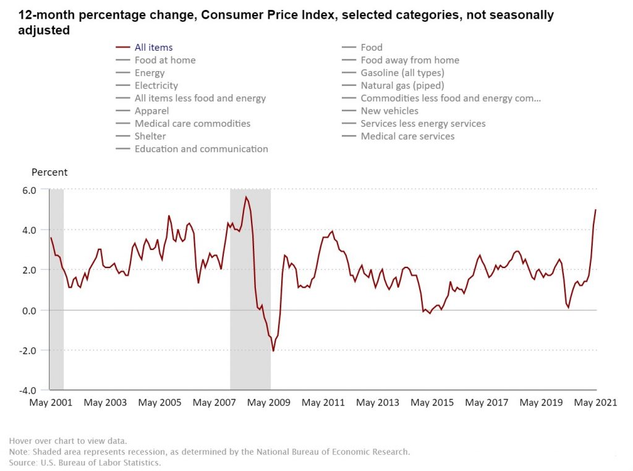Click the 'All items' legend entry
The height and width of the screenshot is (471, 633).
153,47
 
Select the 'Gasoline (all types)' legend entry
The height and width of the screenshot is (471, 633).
402,73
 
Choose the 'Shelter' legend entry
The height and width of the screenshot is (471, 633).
150,136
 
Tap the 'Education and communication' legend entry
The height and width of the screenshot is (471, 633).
201,149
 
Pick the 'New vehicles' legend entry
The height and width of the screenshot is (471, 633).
389,111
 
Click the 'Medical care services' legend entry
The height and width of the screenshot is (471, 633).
407,136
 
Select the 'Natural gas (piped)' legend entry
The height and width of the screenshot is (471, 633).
402,85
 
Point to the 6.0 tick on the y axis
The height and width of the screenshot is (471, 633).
30,189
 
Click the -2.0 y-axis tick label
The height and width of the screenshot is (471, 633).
28,350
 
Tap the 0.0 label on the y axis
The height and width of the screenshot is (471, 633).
30,310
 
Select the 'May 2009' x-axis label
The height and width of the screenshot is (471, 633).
269,403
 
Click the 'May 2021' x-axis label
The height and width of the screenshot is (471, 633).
596,403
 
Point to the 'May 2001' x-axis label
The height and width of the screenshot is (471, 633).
51,403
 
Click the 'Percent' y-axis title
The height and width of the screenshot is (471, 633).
49,173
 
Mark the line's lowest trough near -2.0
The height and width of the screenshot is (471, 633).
273,351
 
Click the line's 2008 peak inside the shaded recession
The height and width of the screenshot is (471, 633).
246,197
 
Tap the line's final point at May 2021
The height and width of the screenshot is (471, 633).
596,210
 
